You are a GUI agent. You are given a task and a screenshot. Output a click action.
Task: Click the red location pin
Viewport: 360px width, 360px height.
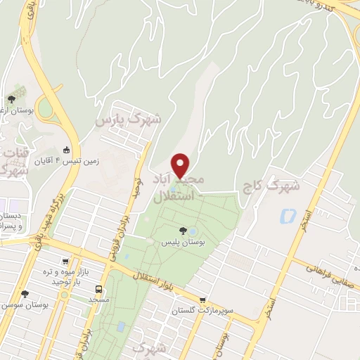click(x=181, y=165)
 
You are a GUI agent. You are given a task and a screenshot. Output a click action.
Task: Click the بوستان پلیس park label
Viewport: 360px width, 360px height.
click(x=183, y=242)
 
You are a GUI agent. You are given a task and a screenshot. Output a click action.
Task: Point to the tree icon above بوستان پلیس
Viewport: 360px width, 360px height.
click(x=183, y=230)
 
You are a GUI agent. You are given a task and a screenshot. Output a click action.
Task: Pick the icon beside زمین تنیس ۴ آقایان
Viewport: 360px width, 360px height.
click(x=67, y=150)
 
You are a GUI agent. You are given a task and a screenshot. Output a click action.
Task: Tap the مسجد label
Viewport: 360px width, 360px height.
click(x=98, y=300)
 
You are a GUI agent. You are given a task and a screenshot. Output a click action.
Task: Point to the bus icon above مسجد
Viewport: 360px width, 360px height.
click(x=98, y=288)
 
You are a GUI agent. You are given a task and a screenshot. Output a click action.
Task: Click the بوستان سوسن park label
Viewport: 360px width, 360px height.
click(x=25, y=305)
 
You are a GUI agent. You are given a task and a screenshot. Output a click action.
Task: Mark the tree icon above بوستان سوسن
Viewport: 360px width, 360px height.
click(x=25, y=294)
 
